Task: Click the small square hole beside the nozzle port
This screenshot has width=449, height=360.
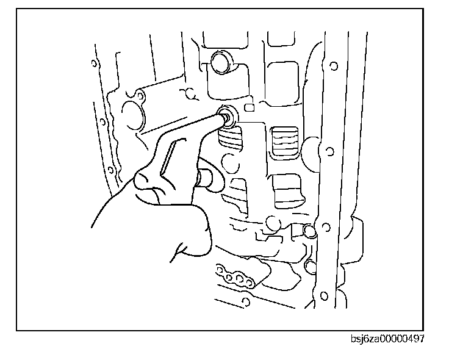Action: click(249, 109)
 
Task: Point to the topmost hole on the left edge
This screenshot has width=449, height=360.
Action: click(93, 63)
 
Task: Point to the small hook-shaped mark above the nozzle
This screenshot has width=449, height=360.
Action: click(190, 94)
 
